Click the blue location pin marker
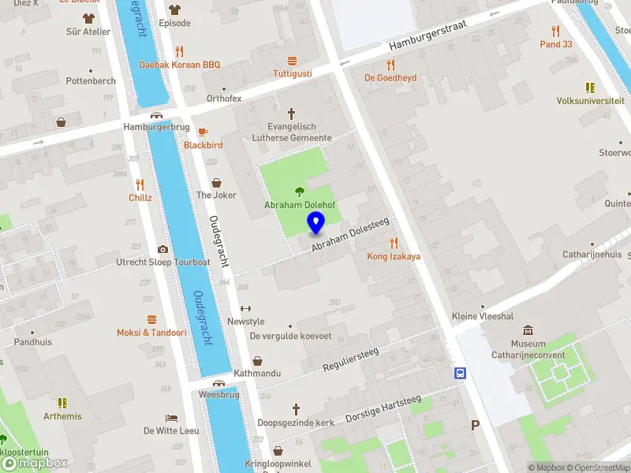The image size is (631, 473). point(316,224)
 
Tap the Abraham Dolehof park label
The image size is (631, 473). point(300,206)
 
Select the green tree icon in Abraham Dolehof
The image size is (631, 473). point(299,191)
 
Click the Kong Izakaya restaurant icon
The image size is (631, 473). point(394,243)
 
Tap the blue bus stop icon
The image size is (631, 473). point(459,374)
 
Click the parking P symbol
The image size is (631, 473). point(475,426)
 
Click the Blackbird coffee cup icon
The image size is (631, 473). point(203,132)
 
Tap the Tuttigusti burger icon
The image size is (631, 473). point(292,60)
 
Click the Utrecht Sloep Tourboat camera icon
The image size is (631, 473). point(163,249)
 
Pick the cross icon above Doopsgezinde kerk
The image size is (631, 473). point(297,409)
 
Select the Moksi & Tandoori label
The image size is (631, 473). point(151,333)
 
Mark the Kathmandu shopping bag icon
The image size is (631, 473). point(257,359)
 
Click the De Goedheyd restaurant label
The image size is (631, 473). point(390,78)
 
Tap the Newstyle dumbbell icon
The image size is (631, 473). point(245,308)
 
